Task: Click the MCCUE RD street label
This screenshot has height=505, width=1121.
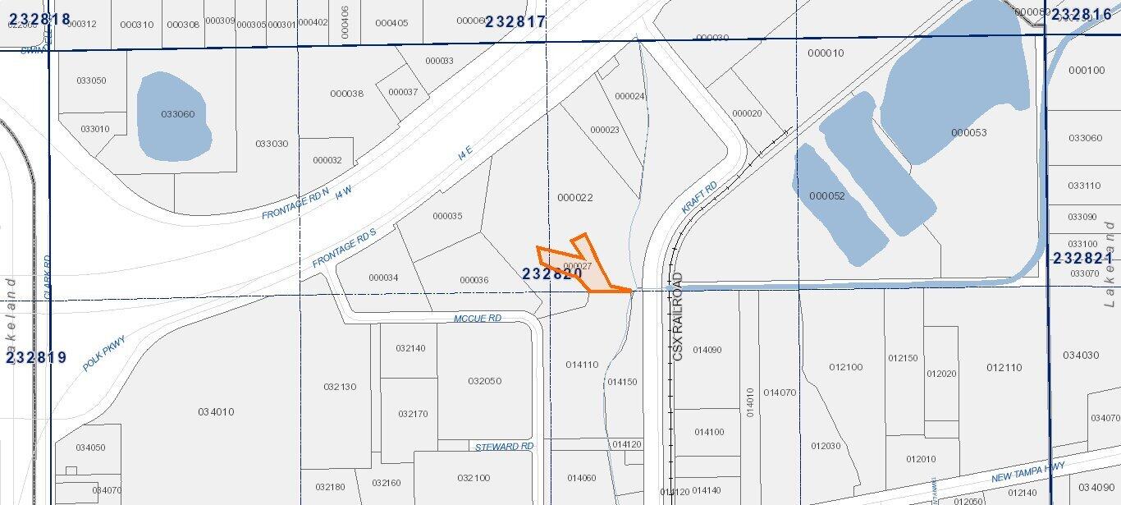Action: tap(477, 318)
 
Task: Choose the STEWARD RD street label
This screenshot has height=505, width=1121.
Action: tap(504, 447)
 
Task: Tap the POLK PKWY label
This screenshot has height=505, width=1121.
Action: tap(104, 352)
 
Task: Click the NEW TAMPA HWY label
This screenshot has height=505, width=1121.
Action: tap(1027, 471)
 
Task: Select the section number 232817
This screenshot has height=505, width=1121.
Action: tap(515, 22)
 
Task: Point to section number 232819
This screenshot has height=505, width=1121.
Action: tap(37, 358)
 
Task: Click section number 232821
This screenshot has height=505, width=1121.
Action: tap(1082, 259)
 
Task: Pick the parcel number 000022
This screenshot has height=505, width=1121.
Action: tap(574, 198)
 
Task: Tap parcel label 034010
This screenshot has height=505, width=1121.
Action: tap(216, 411)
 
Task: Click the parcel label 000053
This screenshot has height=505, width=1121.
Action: tap(968, 133)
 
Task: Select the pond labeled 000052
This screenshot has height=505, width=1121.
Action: tap(826, 196)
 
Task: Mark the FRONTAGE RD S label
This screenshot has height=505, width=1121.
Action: tap(344, 248)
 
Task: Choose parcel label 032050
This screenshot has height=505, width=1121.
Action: tap(484, 381)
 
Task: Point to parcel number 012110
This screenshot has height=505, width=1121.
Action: tap(1004, 368)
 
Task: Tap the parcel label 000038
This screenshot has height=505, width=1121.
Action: tap(346, 94)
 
